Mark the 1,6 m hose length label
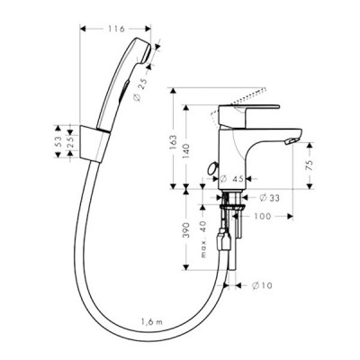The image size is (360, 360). point(149,319)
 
